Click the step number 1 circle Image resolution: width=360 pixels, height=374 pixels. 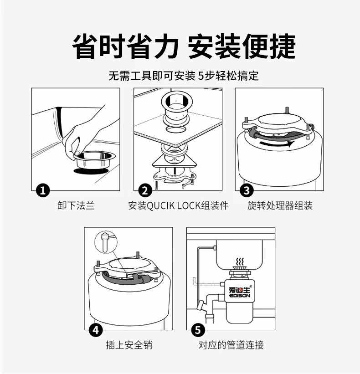(43, 190)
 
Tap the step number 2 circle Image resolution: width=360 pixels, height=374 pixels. (145, 190)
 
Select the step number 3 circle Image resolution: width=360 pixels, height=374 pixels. (247, 190)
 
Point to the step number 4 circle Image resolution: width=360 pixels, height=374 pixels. (96, 330)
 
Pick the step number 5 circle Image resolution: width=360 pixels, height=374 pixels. (198, 330)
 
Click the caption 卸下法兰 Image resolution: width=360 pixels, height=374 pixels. (76, 205)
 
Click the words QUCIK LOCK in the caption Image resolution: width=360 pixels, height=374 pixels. (174, 205)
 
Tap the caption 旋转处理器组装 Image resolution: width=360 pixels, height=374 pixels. (280, 205)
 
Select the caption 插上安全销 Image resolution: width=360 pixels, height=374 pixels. (129, 345)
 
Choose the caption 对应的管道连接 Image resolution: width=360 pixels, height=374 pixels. (231, 345)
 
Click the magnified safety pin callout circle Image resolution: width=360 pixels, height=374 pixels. (106, 241)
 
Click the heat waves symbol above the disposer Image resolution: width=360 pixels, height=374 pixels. (240, 261)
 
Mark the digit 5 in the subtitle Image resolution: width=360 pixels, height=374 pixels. (201, 76)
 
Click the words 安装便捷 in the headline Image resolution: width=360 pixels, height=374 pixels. (242, 46)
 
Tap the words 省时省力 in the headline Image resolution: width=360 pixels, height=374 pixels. (125, 46)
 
